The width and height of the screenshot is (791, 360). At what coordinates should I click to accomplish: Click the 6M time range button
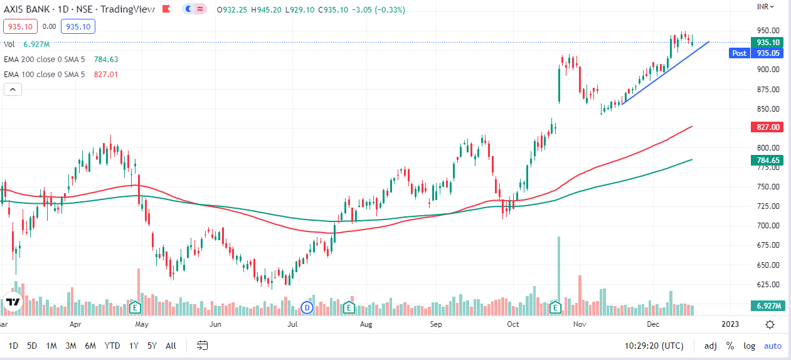point(90,346)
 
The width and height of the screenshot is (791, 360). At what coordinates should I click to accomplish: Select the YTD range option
point(112,346)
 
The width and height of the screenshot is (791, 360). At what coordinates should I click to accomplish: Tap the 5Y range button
point(152,346)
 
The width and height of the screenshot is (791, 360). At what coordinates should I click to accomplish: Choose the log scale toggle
point(749,346)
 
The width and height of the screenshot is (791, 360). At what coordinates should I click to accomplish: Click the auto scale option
point(772,346)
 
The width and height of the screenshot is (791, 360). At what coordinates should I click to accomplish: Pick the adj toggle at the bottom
point(711,346)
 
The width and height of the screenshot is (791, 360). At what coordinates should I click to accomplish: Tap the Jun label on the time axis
point(216,324)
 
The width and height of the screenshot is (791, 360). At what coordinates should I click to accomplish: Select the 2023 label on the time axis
point(730,324)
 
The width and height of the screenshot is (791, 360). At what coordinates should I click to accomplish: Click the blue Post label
point(740,53)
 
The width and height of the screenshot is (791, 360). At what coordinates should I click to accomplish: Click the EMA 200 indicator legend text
point(44,60)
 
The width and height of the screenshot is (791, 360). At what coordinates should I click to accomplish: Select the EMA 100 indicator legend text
point(44,74)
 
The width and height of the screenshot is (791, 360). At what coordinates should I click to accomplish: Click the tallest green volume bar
point(558,270)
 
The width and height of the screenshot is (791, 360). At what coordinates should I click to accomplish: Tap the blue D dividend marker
point(307,307)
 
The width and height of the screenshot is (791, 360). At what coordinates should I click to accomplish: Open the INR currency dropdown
point(766,6)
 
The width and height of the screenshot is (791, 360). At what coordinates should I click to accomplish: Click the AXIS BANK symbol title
point(29,9)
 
